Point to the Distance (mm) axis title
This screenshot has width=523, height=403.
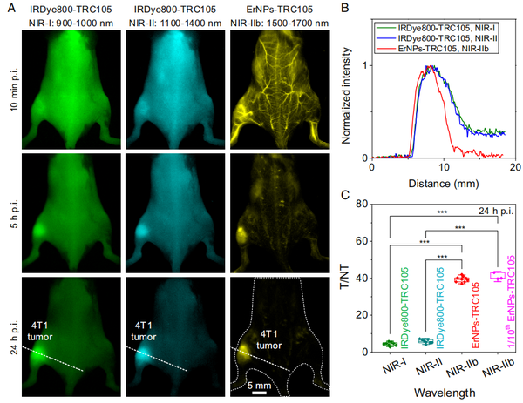pyautogui.click(x=443, y=184)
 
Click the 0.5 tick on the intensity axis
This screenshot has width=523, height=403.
pyautogui.click(x=363, y=91)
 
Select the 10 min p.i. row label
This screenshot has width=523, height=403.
pyautogui.click(x=11, y=88)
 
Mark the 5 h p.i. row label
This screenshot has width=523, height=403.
pyautogui.click(x=11, y=211)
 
